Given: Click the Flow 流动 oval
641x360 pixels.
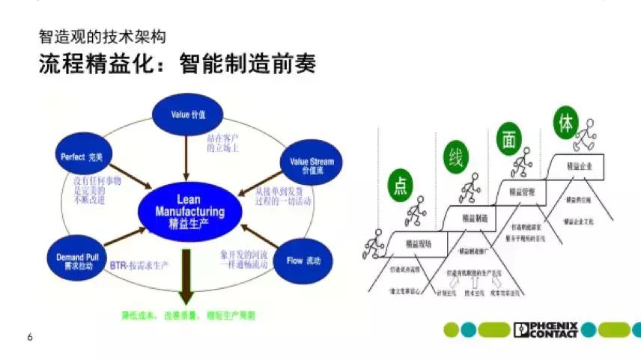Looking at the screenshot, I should (304, 260).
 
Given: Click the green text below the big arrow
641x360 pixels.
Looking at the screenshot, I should (188, 315).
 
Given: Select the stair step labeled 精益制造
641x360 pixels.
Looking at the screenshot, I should (475, 216).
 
